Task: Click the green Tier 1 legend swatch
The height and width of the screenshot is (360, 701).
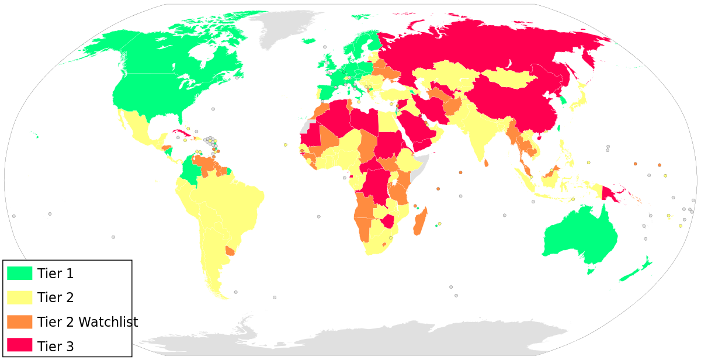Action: click(19, 273)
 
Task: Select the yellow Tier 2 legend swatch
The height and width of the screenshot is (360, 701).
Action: click(19, 297)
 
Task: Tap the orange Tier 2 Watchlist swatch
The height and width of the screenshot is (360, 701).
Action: click(19, 321)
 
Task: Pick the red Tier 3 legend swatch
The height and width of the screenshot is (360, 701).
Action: click(19, 345)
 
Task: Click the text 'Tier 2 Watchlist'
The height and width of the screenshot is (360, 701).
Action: click(88, 322)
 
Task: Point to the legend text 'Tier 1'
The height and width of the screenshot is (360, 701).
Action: click(55, 274)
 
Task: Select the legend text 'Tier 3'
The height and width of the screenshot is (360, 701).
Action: click(55, 347)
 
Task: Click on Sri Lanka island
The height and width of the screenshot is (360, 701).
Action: click(487, 163)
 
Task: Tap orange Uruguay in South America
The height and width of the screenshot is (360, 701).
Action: click(230, 251)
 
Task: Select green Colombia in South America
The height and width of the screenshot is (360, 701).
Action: click(189, 169)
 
